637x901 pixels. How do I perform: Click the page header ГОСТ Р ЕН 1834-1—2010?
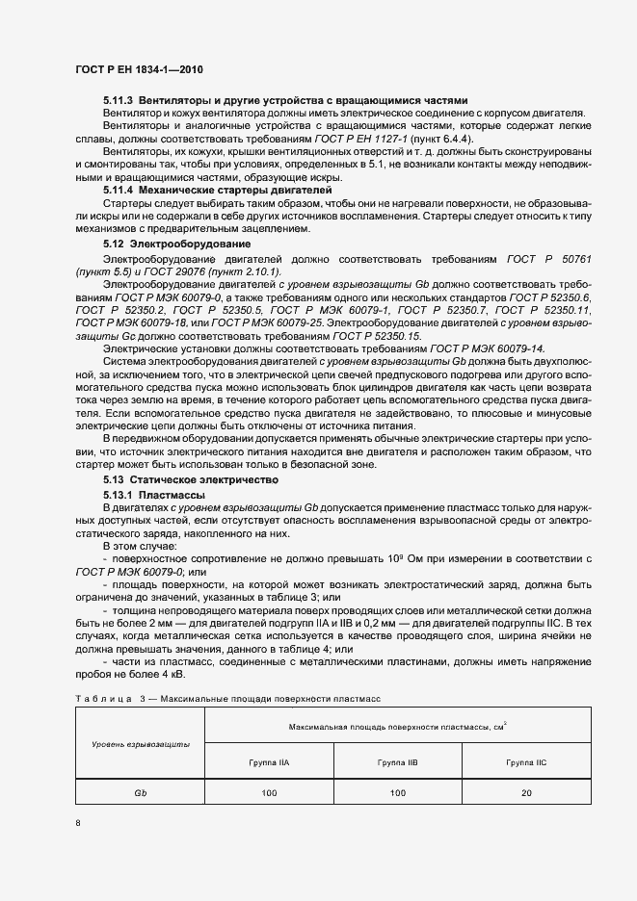click(x=140, y=70)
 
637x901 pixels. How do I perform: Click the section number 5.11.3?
click(x=119, y=100)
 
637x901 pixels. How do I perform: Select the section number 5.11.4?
click(x=119, y=190)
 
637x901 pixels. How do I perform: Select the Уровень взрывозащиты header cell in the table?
click(x=141, y=745)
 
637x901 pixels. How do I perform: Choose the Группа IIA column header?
click(x=269, y=761)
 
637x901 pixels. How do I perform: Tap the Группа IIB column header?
click(x=397, y=761)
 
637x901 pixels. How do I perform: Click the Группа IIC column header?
click(x=525, y=761)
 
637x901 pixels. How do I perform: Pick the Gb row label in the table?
click(x=141, y=793)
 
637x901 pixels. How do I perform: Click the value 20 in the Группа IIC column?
click(x=525, y=793)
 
